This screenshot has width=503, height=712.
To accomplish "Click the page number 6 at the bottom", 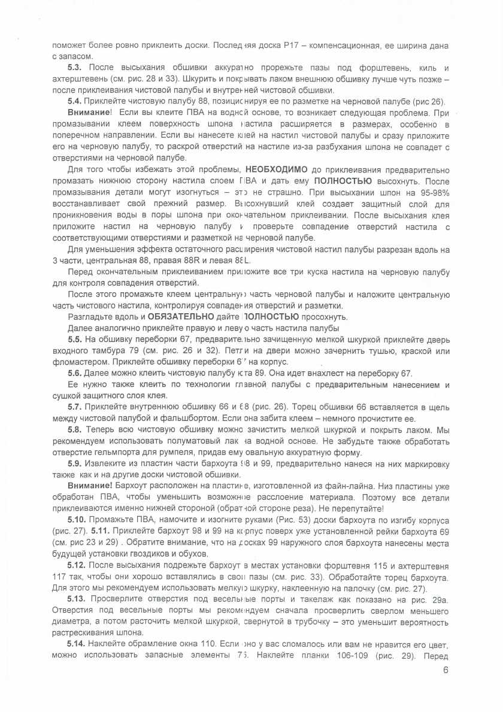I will tap(446, 670).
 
